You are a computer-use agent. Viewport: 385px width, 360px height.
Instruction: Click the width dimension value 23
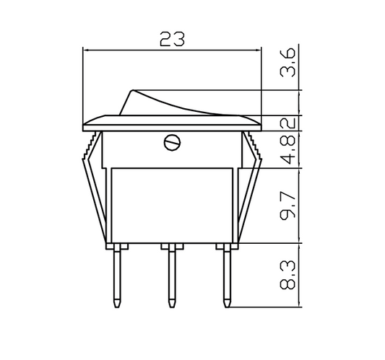coord(172,39)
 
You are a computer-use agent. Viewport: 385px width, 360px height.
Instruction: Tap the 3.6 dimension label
coord(287,63)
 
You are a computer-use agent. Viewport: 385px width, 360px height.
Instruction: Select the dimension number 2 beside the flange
coord(287,123)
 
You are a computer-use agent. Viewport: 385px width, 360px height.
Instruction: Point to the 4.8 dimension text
coord(287,149)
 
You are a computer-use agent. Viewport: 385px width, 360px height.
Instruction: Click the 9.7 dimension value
coord(287,205)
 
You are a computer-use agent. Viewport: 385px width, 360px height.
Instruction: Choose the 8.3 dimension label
coord(287,275)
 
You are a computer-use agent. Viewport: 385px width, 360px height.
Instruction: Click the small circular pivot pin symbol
coord(172,142)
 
